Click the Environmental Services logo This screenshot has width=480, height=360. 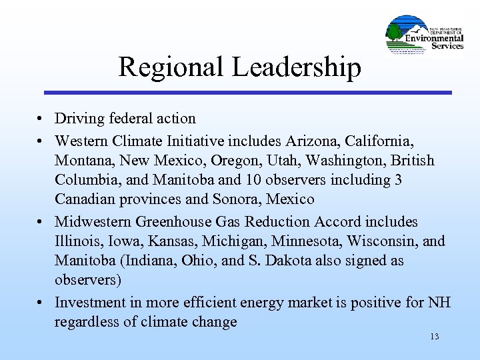tap(425, 34)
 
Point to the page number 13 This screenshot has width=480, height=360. tap(435, 337)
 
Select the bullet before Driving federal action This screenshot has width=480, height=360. tap(41, 119)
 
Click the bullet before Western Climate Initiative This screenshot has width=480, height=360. tap(41, 141)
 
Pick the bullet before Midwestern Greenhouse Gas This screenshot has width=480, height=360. tap(41, 223)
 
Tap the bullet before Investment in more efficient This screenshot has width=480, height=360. tap(41, 303)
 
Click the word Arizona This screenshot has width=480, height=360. tap(312, 141)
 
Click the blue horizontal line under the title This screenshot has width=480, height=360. tap(247, 92)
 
